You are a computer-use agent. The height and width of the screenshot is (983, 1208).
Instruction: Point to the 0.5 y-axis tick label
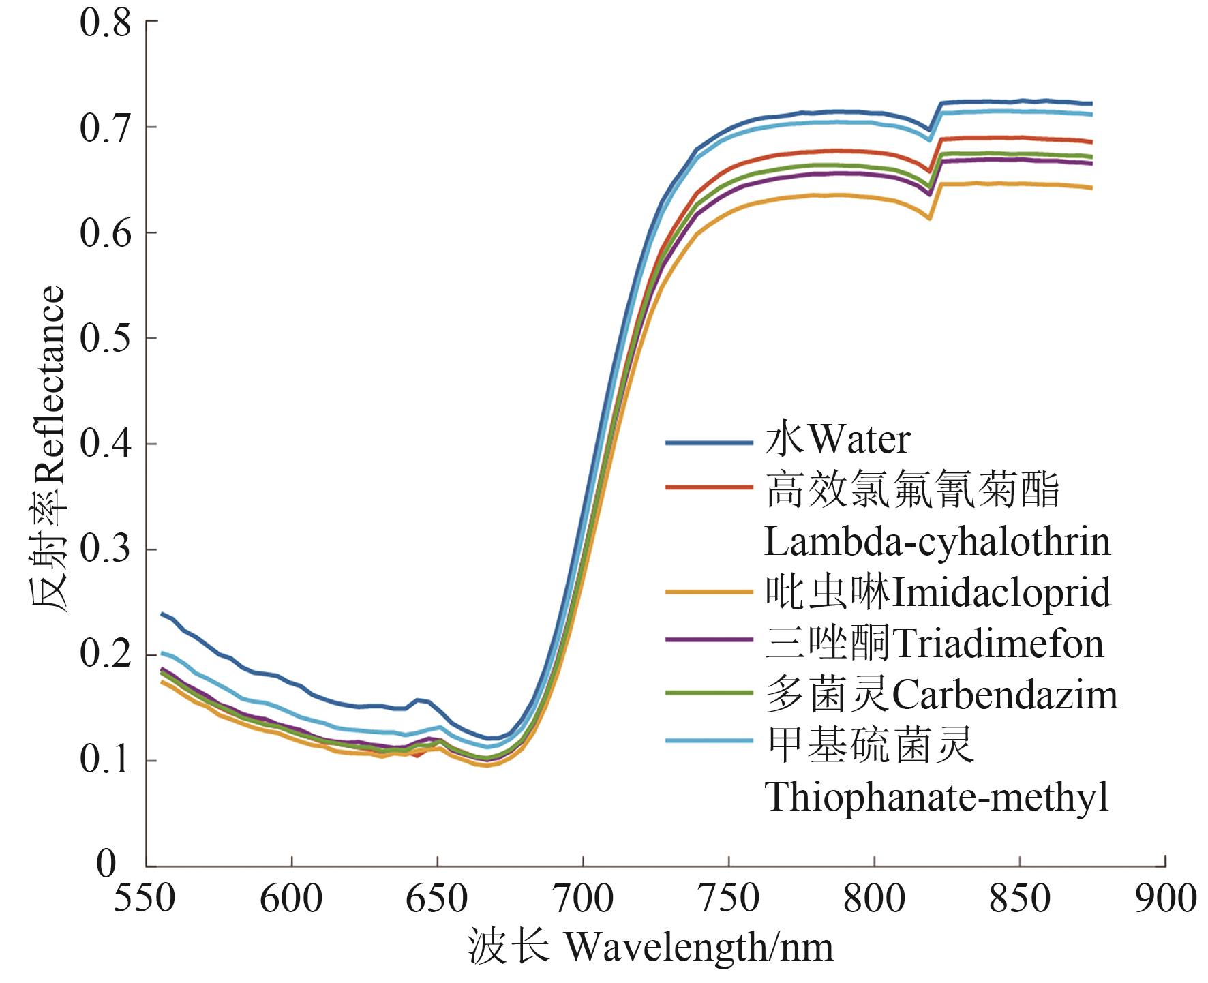[x=105, y=339]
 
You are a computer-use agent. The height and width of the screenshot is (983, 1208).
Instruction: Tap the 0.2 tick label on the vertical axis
[x=105, y=655]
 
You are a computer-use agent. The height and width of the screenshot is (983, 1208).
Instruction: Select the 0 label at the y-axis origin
[x=106, y=864]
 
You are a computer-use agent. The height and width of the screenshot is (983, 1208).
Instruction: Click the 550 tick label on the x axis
[x=145, y=898]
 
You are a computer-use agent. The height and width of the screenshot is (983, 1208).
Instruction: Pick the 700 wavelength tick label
[x=583, y=898]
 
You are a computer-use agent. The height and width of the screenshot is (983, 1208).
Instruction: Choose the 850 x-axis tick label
[x=1020, y=898]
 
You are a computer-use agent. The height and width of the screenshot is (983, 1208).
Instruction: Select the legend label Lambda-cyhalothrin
[x=937, y=542]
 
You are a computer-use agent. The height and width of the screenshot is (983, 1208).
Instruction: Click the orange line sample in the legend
[x=709, y=593]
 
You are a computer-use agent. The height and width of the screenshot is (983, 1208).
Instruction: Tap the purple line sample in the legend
[x=709, y=641]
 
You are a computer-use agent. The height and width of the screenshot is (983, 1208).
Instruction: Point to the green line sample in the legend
[x=709, y=692]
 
